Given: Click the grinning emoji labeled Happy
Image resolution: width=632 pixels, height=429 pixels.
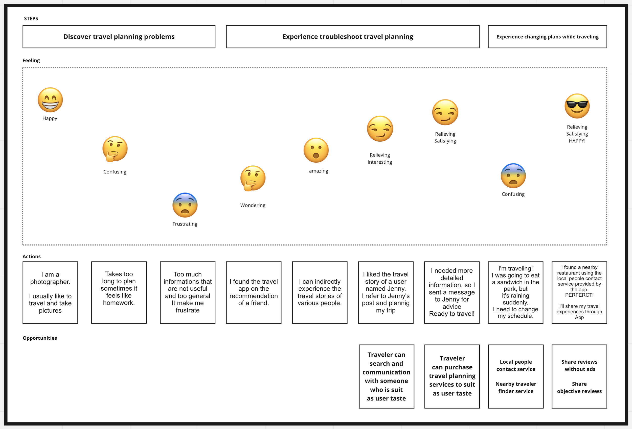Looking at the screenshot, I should tap(50, 100).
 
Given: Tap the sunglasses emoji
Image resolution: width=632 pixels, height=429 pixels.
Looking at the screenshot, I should tap(577, 106).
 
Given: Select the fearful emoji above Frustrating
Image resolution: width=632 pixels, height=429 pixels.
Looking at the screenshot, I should tap(185, 205).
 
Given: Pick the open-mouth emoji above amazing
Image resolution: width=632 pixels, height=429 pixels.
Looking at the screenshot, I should tap(316, 150).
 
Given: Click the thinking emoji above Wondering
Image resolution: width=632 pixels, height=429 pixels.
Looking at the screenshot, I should tap(253, 178).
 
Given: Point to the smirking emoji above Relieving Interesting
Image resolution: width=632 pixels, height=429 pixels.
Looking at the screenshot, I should tap(380, 129).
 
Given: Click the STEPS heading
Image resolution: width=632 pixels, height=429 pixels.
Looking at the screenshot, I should tap(31, 18).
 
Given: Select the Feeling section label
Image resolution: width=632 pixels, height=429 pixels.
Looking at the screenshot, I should tap(31, 60).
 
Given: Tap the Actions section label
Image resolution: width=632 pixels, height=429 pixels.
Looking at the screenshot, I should tap(32, 257).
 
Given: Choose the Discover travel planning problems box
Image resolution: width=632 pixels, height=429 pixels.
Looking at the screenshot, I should tap(119, 37).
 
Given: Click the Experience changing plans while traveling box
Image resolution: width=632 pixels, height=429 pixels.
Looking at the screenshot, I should tap(547, 37).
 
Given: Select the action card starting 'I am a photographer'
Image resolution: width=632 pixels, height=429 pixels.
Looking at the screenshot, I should tap(50, 292).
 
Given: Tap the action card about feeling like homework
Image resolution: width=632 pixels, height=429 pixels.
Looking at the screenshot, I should tap(119, 292).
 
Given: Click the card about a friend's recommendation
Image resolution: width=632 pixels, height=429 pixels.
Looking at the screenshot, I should tap(254, 292).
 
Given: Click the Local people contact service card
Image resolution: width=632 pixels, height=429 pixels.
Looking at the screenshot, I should tap(516, 376).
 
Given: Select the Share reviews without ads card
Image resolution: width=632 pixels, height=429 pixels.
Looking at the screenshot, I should tap(579, 376).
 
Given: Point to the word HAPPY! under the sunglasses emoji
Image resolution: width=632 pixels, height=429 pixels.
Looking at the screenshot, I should tap(577, 141).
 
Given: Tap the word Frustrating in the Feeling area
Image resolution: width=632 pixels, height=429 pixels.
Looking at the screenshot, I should tap(185, 224).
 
